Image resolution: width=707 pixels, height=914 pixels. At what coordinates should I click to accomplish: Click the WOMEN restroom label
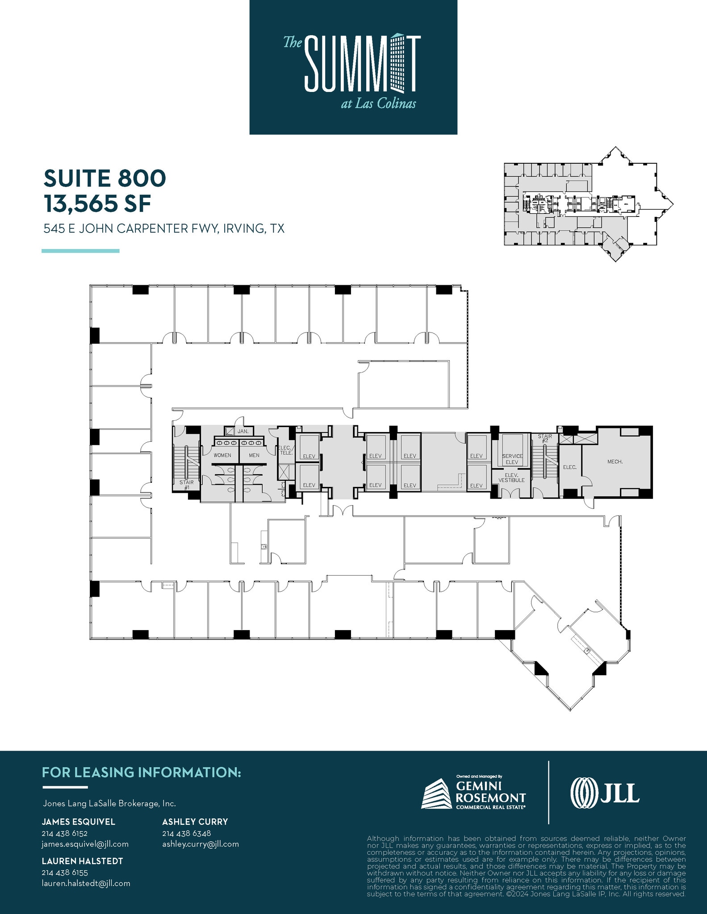222,455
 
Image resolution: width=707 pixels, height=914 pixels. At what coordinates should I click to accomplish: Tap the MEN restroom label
254,455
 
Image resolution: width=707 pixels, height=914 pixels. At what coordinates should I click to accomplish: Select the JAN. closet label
243,432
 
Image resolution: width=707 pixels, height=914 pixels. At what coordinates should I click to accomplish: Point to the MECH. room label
615,461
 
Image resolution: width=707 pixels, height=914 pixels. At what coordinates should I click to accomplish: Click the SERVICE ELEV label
512,459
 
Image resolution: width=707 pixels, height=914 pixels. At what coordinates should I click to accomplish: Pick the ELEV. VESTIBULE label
511,478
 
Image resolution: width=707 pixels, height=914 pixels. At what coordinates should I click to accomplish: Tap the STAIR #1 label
187,485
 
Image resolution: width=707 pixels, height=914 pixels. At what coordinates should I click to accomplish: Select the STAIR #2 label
545,438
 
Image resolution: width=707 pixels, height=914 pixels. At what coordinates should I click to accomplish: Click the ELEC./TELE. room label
285,450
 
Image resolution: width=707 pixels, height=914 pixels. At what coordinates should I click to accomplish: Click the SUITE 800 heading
105,178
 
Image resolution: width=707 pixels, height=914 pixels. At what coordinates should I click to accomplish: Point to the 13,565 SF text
97,204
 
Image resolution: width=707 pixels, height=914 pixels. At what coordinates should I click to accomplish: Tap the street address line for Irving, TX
164,229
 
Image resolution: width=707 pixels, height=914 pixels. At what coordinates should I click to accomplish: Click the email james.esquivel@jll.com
85,844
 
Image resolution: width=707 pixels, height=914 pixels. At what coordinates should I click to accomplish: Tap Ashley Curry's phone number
186,833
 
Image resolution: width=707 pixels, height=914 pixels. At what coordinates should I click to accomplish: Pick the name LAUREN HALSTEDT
82,861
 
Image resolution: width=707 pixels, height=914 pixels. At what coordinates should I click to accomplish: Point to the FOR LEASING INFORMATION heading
141,773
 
